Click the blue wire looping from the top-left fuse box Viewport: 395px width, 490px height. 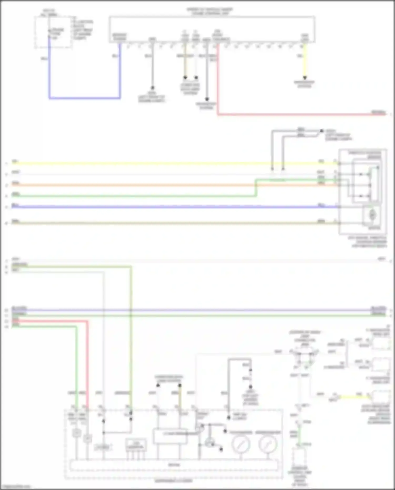84,98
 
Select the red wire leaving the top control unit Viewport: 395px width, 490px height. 290,115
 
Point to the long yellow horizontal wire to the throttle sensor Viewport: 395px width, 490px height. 158,164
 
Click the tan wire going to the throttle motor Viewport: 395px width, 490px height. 158,223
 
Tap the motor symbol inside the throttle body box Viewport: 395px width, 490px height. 372,215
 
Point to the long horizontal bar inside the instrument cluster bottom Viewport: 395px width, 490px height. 174,465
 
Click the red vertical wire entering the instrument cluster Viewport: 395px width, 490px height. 87,369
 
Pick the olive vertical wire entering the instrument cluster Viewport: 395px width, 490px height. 131,342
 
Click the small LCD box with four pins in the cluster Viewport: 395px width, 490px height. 136,445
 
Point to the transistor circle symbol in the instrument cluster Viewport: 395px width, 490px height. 210,443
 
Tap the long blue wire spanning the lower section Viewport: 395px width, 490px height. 197,310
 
